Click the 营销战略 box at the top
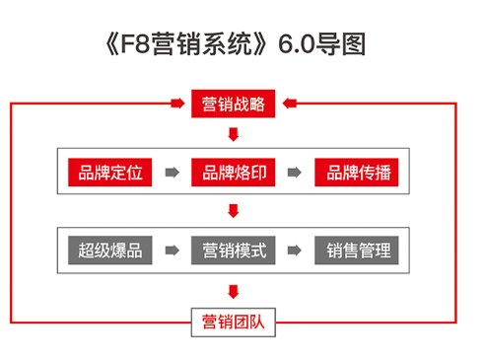click(x=233, y=103)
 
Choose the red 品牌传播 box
click(x=357, y=173)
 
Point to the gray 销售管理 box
click(x=357, y=251)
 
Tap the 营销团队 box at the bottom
click(x=233, y=322)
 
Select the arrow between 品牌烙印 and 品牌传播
click(x=295, y=173)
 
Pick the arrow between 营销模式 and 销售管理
click(x=295, y=251)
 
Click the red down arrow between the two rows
click(x=233, y=211)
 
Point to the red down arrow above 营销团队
click(x=233, y=291)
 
